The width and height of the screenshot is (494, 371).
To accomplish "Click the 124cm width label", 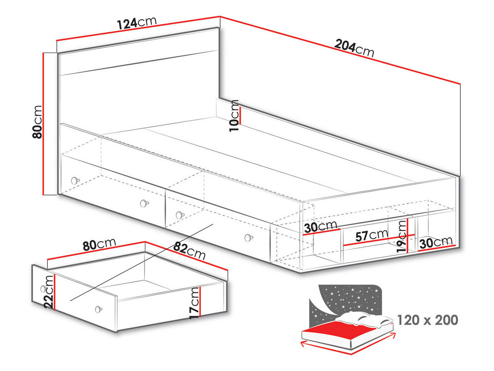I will (137, 23).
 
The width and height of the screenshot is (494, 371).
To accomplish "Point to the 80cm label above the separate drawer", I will (99, 245).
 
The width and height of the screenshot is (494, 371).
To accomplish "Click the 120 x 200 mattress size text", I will (428, 320).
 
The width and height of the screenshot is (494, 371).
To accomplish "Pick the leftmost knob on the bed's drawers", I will (75, 180).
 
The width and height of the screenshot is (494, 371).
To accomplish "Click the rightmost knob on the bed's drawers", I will (247, 238).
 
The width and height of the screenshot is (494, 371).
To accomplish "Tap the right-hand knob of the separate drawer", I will (98, 309).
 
